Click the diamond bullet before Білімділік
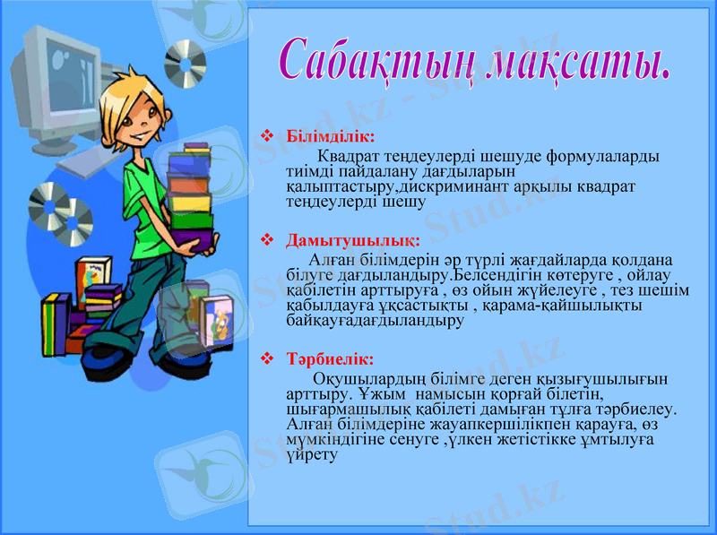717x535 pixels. click(x=265, y=137)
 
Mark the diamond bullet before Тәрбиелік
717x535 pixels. click(x=265, y=359)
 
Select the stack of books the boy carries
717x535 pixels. click(x=190, y=193)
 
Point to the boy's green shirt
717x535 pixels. click(x=143, y=193)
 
